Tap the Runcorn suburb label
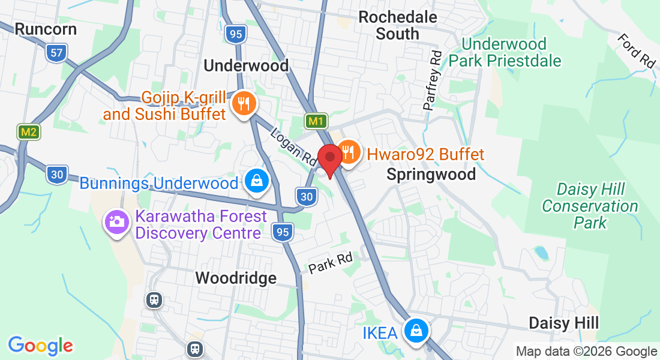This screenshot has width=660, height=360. tap(46, 29)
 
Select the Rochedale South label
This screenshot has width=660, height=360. tap(397, 25)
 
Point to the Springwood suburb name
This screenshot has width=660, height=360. tap(431, 175)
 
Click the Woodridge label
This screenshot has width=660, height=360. tap(236, 278)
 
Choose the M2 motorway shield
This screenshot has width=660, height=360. tap(28, 132)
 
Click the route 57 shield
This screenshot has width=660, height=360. tap(56, 53)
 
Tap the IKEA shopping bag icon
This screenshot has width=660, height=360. tap(415, 331)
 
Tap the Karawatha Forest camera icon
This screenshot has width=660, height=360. tap(116, 222)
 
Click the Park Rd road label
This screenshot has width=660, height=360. tap(330, 263)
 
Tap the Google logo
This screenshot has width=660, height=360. tap(40, 346)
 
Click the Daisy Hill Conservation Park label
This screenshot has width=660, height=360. tap(590, 206)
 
